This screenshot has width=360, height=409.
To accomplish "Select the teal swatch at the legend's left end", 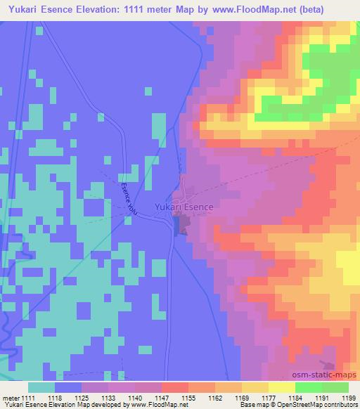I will tap(41, 387).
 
